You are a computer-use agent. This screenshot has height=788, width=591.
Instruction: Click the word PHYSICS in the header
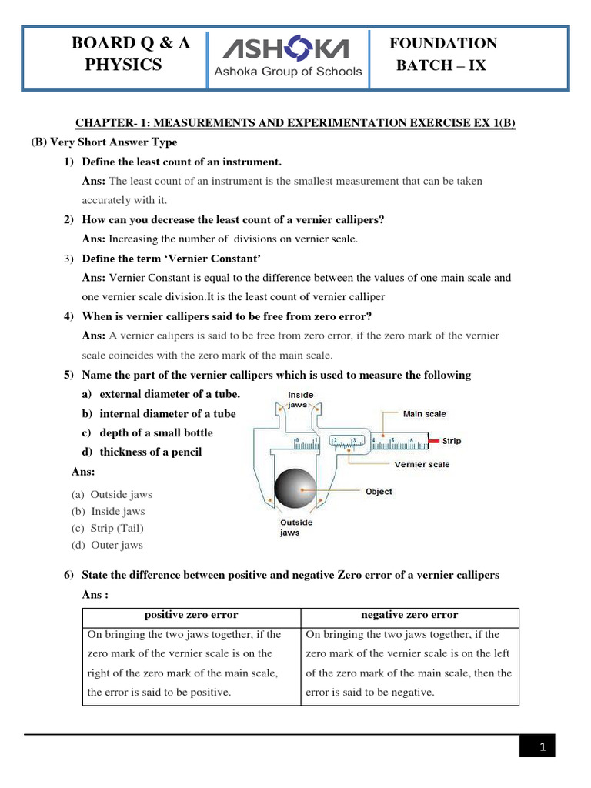pyautogui.click(x=123, y=65)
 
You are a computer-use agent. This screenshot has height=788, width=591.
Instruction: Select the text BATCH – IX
pyautogui.click(x=441, y=65)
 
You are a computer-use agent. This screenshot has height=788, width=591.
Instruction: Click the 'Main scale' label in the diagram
pyautogui.click(x=424, y=414)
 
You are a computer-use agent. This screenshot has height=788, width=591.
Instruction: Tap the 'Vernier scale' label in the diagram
pyautogui.click(x=422, y=465)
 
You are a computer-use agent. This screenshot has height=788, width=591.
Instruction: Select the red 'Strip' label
pyautogui.click(x=452, y=441)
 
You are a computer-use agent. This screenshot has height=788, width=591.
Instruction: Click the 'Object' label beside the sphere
pyautogui.click(x=379, y=491)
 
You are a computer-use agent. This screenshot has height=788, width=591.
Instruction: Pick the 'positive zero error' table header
pyautogui.click(x=191, y=615)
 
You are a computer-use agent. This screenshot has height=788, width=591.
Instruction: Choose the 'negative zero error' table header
pyautogui.click(x=409, y=615)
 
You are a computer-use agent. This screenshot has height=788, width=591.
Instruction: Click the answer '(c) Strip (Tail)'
pyautogui.click(x=108, y=528)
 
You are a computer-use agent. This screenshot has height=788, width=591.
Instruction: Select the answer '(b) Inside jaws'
pyautogui.click(x=109, y=511)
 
